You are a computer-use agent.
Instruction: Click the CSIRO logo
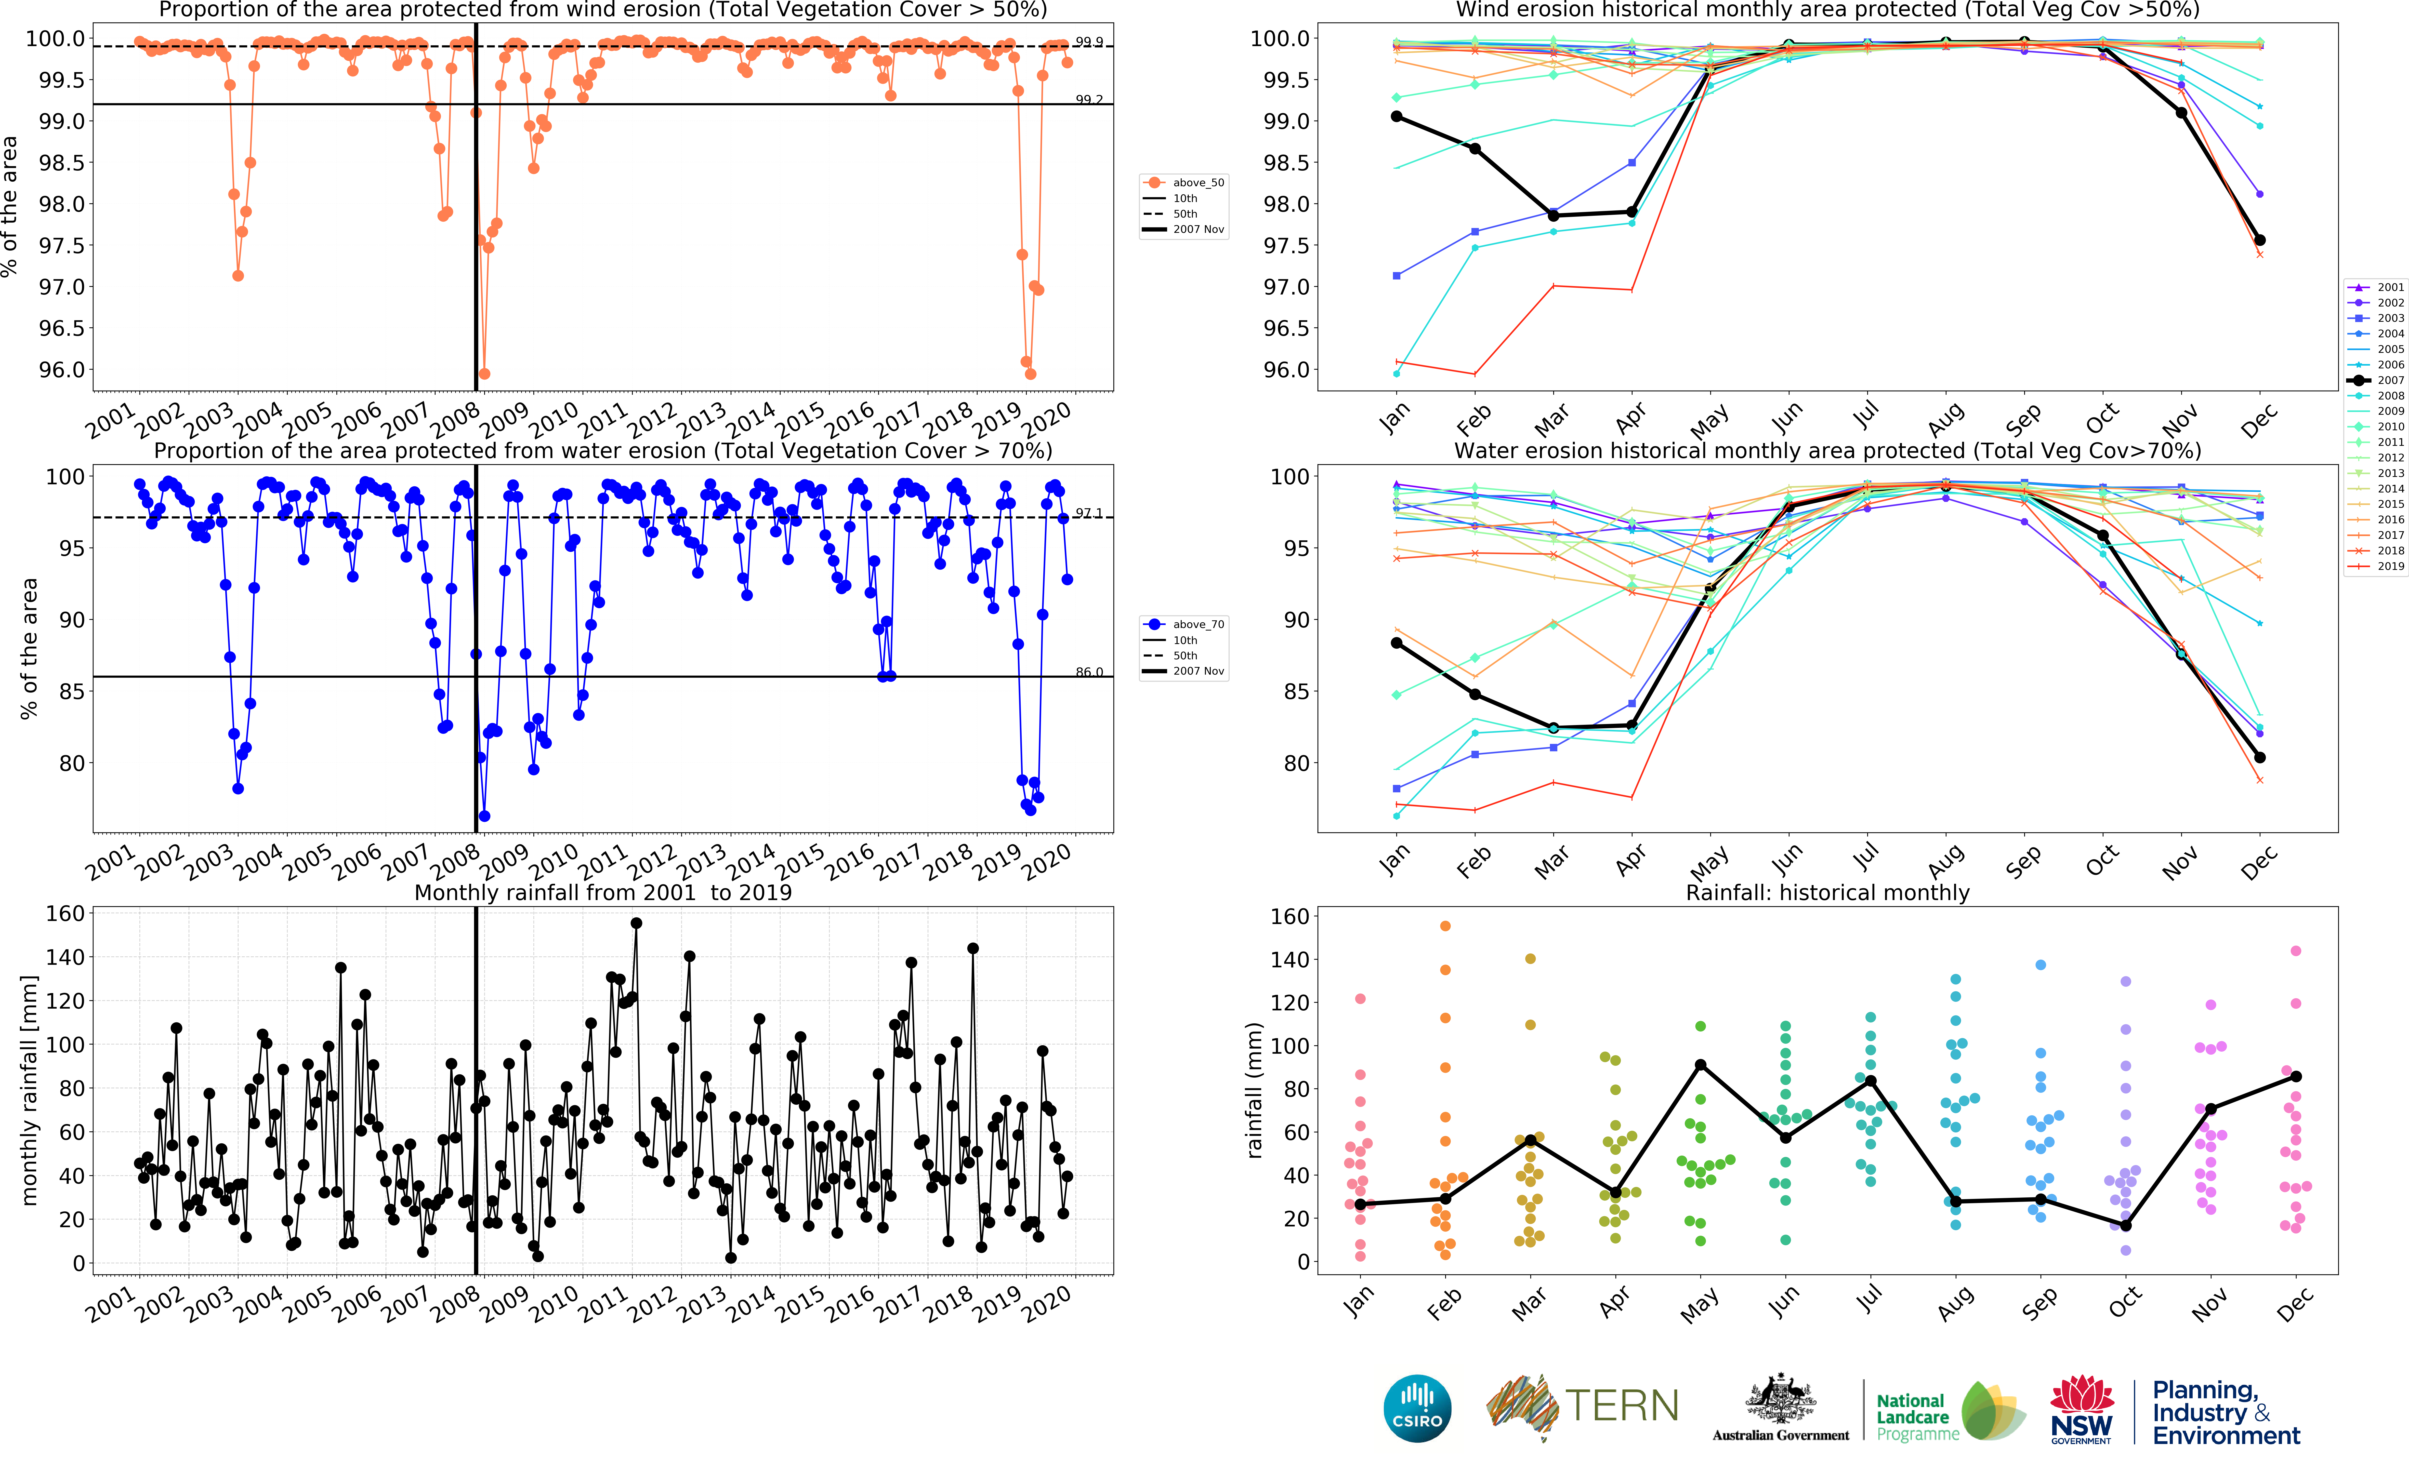(1417, 1408)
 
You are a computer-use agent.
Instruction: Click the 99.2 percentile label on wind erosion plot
(1089, 100)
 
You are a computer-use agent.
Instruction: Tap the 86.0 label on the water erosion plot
(1089, 673)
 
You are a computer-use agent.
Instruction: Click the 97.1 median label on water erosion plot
(1089, 513)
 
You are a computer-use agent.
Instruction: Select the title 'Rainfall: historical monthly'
(1827, 892)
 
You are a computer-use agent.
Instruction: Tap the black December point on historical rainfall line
(2296, 1076)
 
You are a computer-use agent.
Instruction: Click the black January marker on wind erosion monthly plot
(1396, 116)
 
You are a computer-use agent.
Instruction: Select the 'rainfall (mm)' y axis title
(1254, 1090)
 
